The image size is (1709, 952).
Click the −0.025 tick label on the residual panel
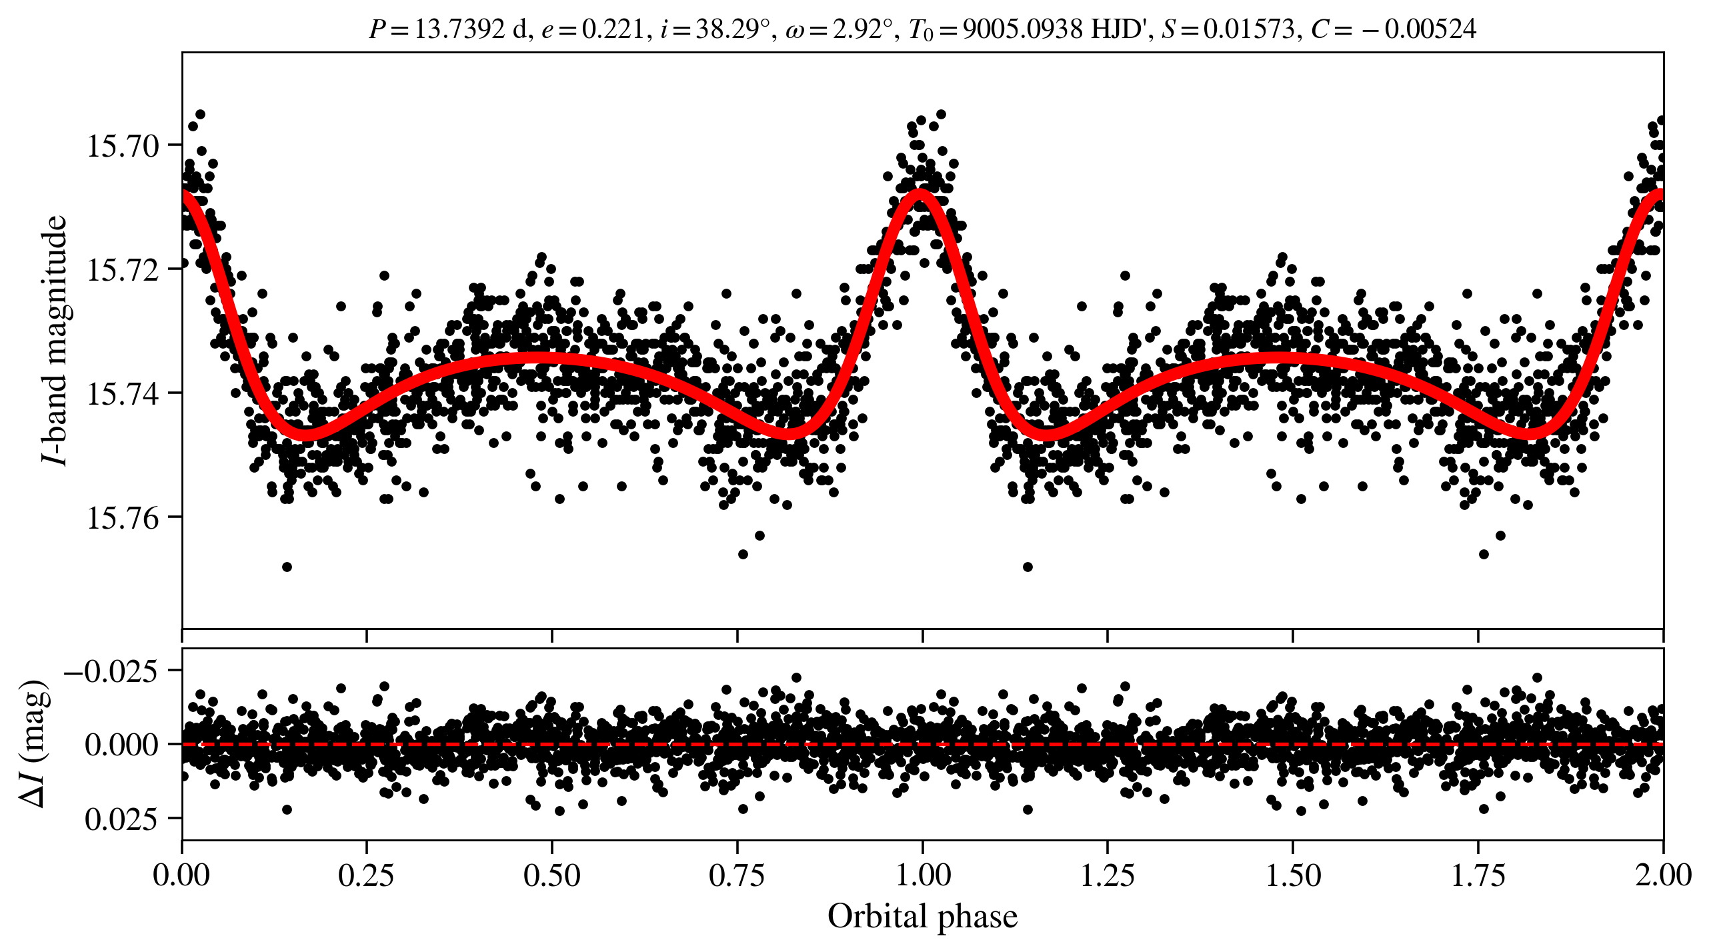[111, 671]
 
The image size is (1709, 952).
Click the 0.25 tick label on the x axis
[366, 875]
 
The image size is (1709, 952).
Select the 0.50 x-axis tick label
[551, 875]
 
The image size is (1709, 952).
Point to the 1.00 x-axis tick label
[922, 875]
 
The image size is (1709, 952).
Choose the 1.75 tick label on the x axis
[1478, 875]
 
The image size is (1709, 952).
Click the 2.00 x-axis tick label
[1662, 875]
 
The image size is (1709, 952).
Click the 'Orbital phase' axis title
[922, 917]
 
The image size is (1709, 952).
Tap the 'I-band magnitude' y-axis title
[55, 340]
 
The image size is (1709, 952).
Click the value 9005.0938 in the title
[1023, 29]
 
